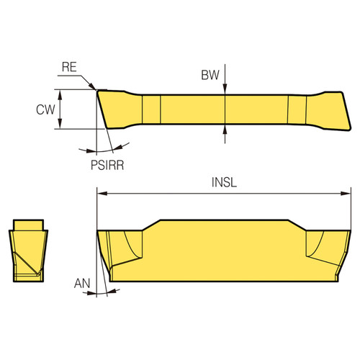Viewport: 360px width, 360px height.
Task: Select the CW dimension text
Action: click(x=45, y=110)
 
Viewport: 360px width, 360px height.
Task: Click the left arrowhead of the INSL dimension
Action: click(x=101, y=193)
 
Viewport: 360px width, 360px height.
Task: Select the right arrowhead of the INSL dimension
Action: click(x=338, y=193)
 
